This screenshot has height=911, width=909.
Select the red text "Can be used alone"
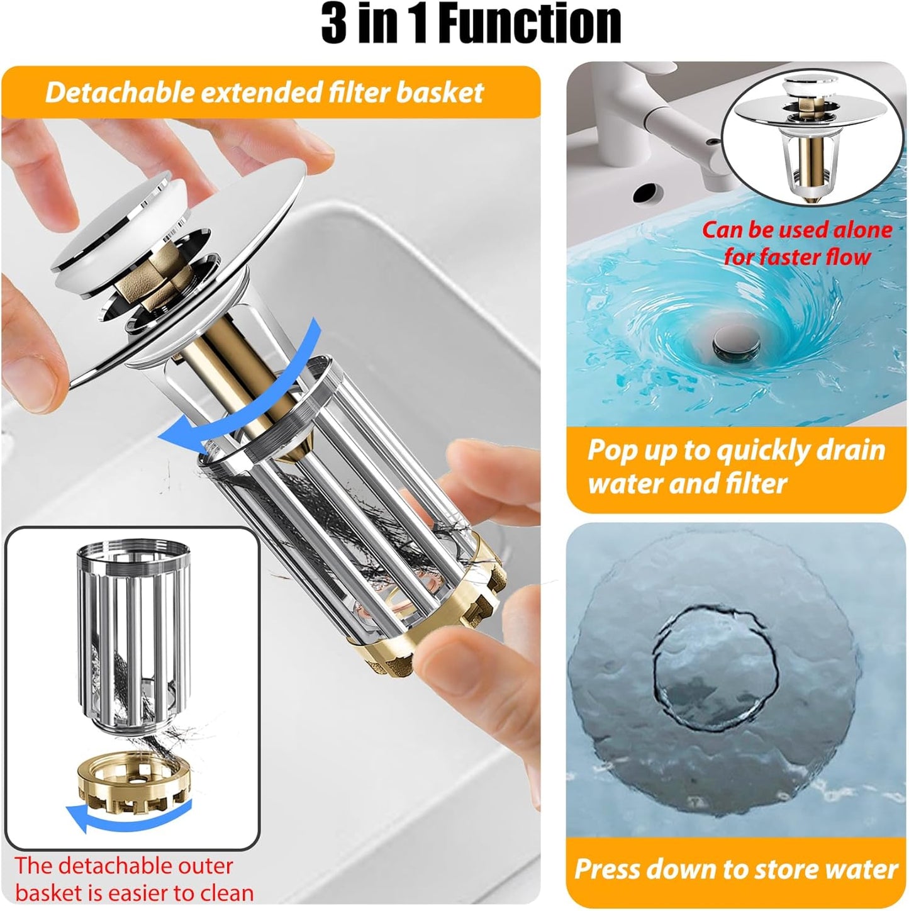tap(796, 230)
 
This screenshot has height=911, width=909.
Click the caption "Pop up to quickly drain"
tap(736, 450)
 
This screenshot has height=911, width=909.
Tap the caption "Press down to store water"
tap(735, 869)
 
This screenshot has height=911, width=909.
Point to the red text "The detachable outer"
tap(124, 866)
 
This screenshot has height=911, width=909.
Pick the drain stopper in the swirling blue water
tap(736, 344)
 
